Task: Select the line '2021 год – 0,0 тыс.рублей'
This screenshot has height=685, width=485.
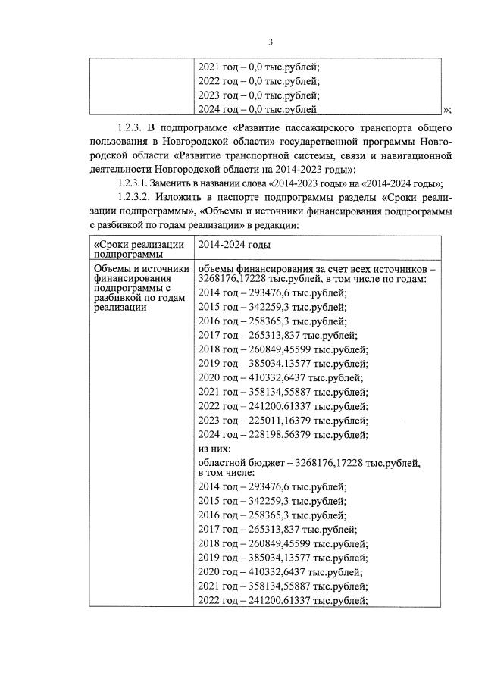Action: (258, 66)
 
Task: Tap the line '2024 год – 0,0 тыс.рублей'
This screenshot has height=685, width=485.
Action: (258, 110)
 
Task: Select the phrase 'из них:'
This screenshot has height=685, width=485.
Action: (214, 449)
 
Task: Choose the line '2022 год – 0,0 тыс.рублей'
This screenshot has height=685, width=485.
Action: (258, 81)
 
